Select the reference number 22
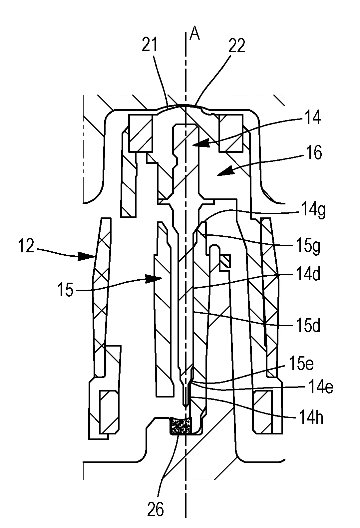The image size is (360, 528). click(x=236, y=46)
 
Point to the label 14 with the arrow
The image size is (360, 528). click(x=312, y=118)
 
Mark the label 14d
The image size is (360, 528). click(x=307, y=276)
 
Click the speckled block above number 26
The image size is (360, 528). click(x=181, y=426)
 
